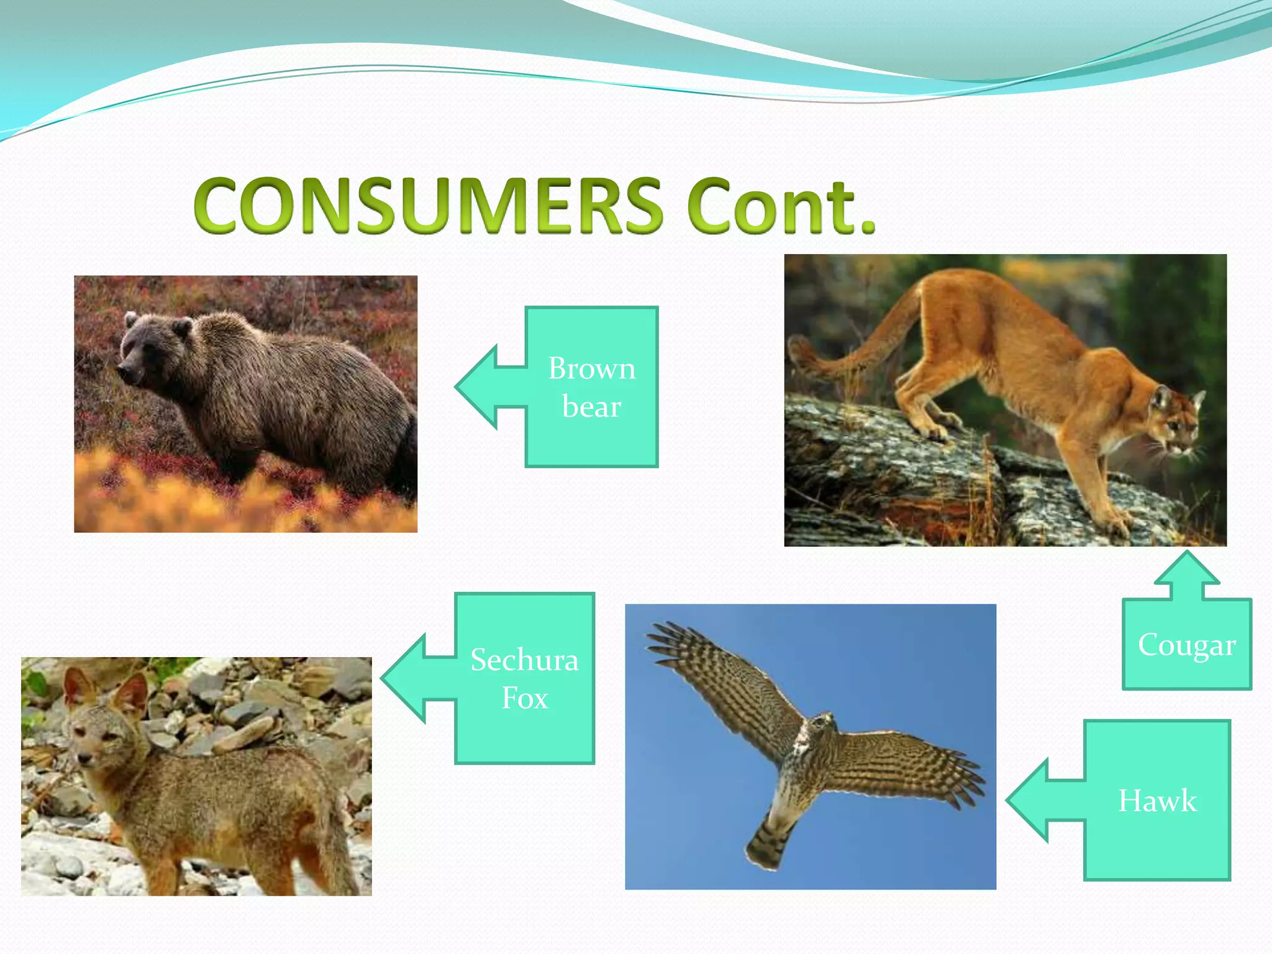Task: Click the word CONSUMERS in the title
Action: click(429, 206)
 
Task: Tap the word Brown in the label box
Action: click(591, 368)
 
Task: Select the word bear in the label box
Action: click(591, 407)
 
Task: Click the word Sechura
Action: click(524, 660)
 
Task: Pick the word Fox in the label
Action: click(524, 698)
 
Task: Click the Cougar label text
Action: click(1186, 645)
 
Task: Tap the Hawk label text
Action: click(1156, 801)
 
